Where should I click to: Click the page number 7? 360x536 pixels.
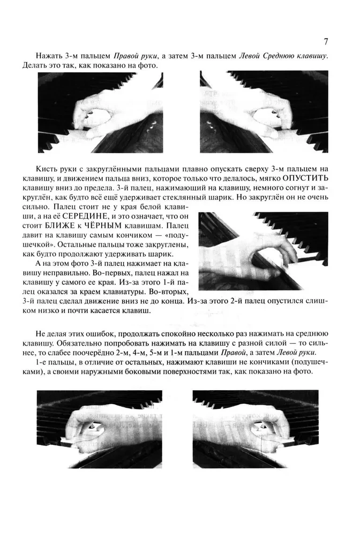326,41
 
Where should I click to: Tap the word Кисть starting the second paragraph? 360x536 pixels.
47,166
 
